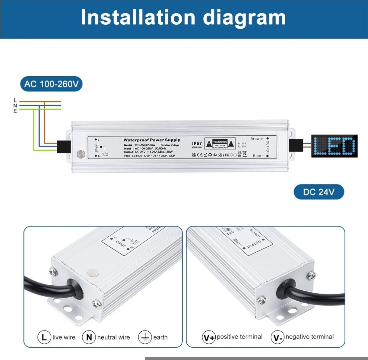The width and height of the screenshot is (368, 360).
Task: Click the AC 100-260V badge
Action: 51,84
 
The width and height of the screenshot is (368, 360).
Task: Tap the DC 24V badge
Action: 319,192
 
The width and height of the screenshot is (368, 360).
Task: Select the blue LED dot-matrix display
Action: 335,146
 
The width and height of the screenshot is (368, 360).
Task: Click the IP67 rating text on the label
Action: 197,144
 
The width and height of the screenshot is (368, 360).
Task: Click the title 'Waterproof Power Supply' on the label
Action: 152,140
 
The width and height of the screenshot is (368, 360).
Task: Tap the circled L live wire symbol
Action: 44,337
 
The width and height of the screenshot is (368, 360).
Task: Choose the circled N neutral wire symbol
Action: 89,337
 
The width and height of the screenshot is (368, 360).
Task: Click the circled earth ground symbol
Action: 145,337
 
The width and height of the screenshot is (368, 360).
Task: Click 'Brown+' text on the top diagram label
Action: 257,138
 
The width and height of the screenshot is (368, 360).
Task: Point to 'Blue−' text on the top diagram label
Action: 258,156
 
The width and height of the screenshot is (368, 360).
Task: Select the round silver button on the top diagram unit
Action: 81,153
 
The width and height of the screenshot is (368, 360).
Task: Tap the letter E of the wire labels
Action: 15,111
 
